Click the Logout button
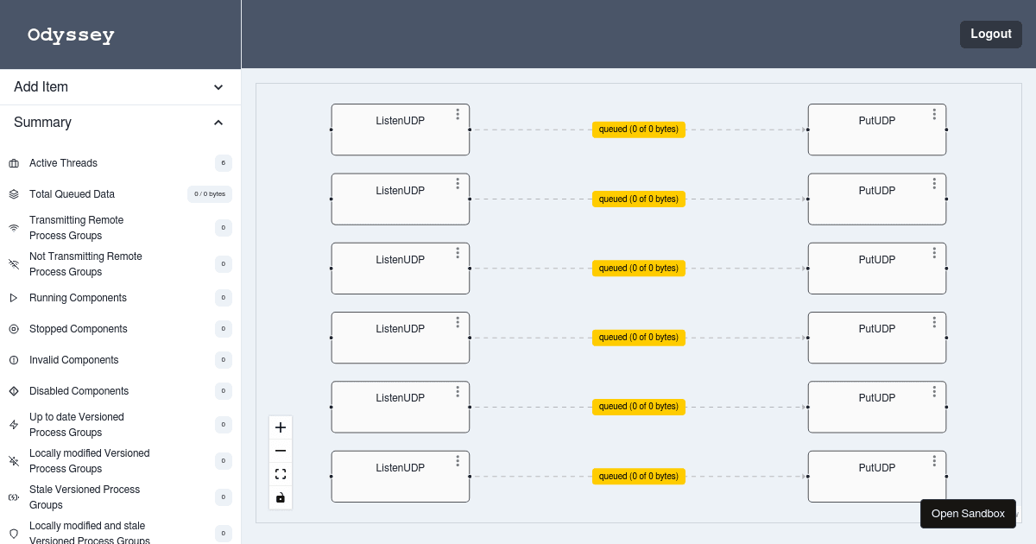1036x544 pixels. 991,35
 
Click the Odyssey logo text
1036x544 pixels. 71,35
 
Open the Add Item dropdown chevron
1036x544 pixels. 218,87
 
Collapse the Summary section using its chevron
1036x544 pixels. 218,123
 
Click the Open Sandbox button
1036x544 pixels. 968,514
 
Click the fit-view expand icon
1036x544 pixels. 281,474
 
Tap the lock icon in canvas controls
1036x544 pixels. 281,497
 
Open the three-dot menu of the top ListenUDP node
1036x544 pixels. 458,114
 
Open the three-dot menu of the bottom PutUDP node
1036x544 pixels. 934,461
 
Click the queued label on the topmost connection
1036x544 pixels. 638,130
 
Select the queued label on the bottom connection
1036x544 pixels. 638,477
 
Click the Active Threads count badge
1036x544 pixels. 224,163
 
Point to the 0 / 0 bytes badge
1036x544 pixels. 210,194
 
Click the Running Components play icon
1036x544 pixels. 14,298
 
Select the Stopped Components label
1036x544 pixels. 79,329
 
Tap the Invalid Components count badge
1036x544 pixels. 224,360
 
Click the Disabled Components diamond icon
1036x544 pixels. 14,391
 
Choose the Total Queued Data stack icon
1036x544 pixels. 14,194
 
